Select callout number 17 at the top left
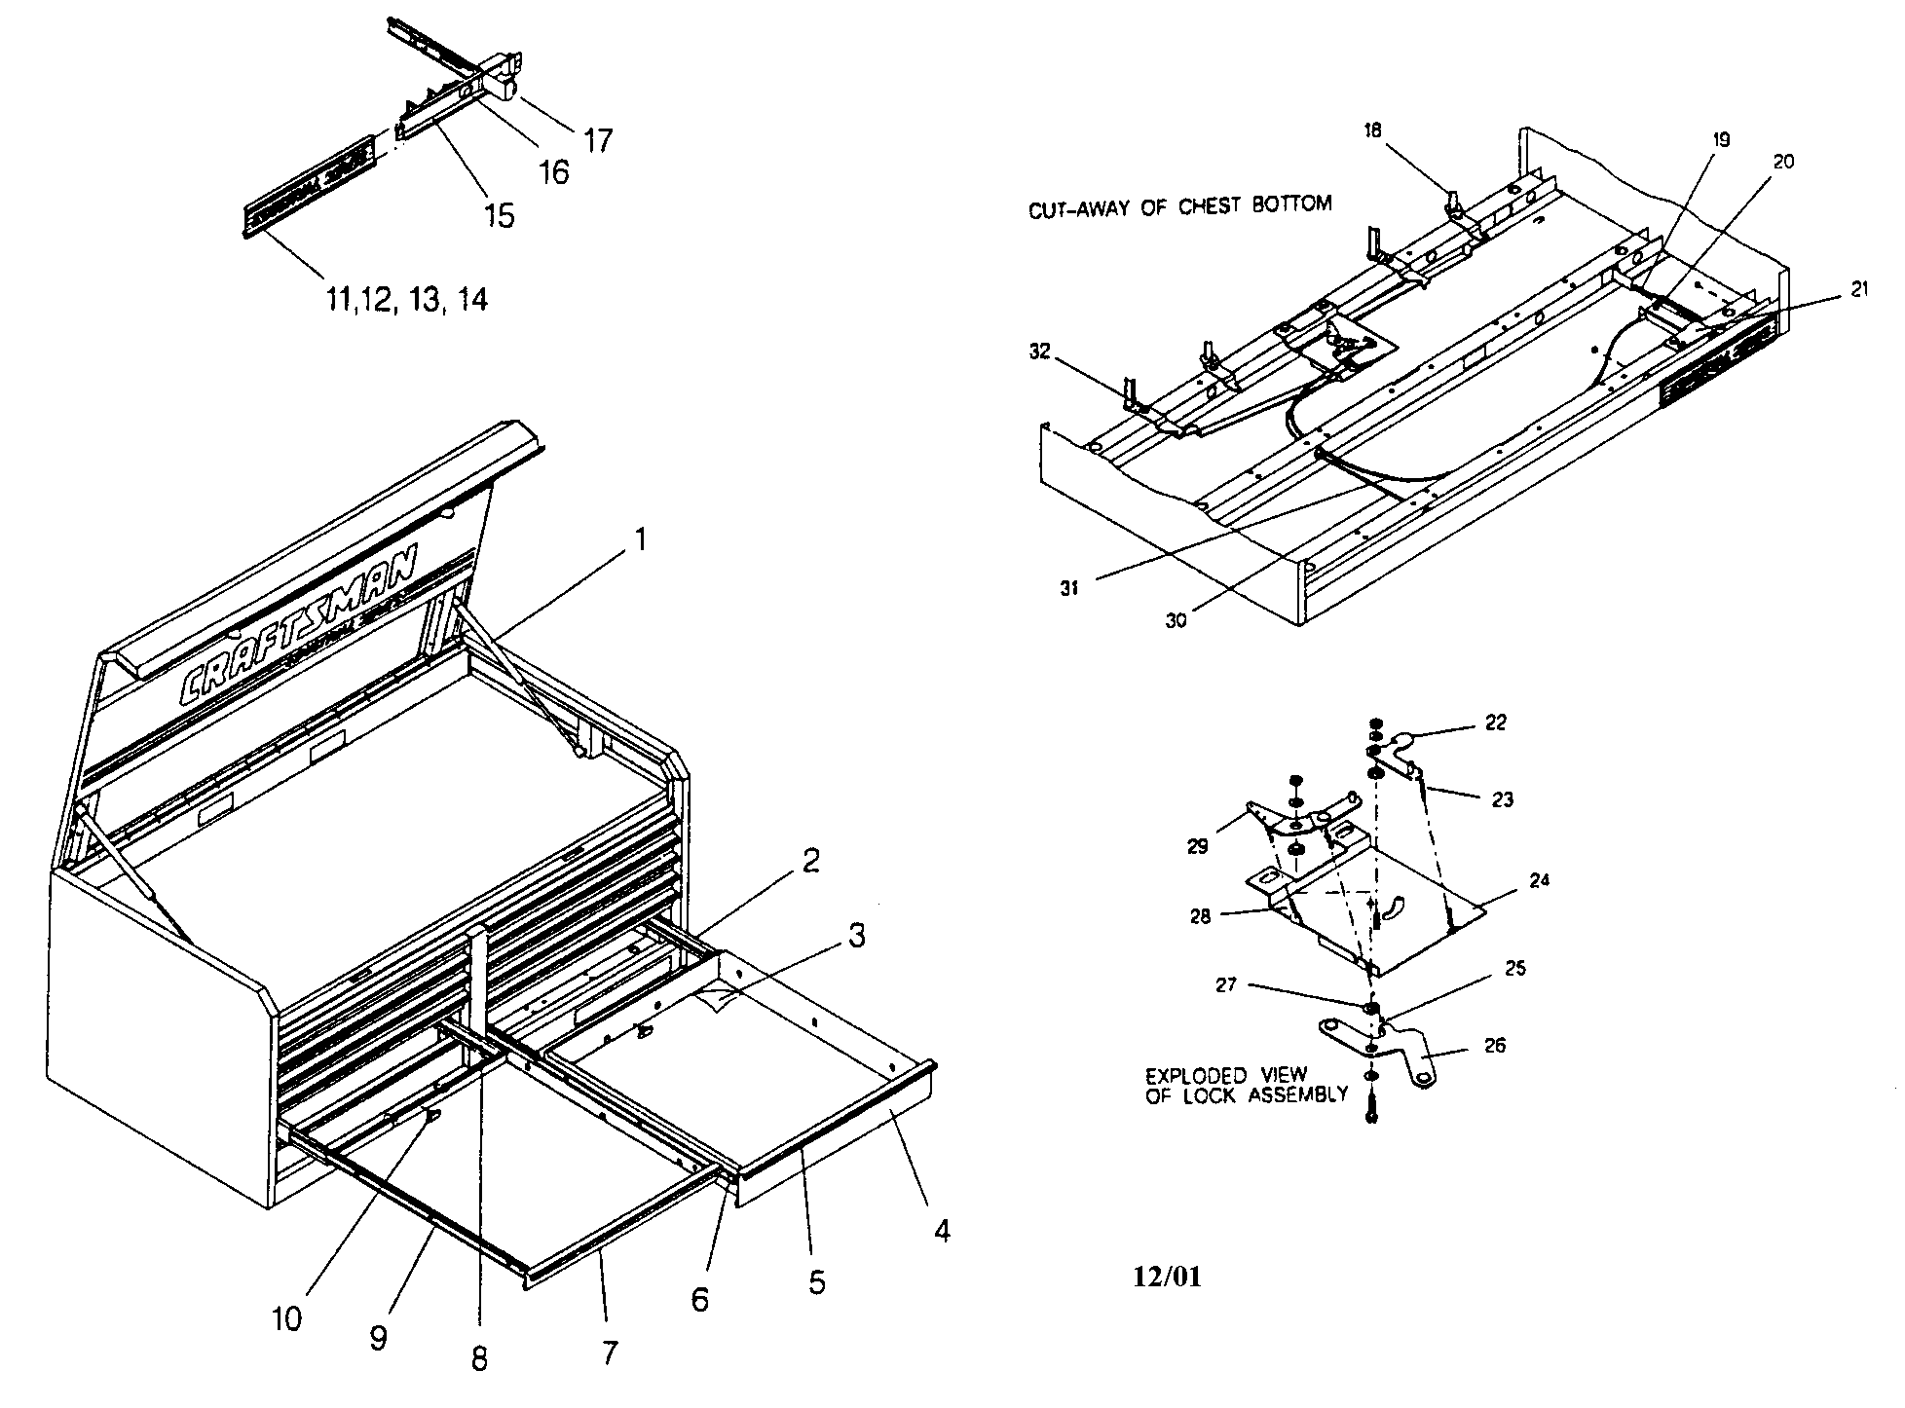pyautogui.click(x=597, y=140)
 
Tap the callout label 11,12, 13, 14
pyautogui.click(x=406, y=299)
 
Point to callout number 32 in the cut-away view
pyautogui.click(x=1040, y=352)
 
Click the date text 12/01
pyautogui.click(x=1167, y=1276)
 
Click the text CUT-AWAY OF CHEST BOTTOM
pyautogui.click(x=1179, y=205)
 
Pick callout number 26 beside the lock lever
pyautogui.click(x=1494, y=1046)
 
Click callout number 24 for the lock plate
pyautogui.click(x=1539, y=880)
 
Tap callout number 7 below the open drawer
pyautogui.click(x=610, y=1352)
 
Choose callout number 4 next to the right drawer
pyautogui.click(x=941, y=1231)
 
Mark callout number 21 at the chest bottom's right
pyautogui.click(x=1859, y=289)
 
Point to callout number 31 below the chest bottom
pyautogui.click(x=1069, y=589)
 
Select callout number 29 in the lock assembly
pyautogui.click(x=1197, y=846)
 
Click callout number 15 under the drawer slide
pyautogui.click(x=499, y=215)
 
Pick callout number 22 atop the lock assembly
pyautogui.click(x=1495, y=723)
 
